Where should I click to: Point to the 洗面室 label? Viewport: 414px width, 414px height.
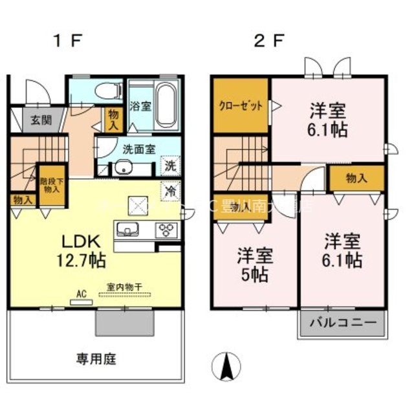(139, 148)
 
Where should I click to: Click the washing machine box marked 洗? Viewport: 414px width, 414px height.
(169, 166)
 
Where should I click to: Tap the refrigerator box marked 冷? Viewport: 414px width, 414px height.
(169, 192)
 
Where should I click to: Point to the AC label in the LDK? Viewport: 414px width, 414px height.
(82, 293)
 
